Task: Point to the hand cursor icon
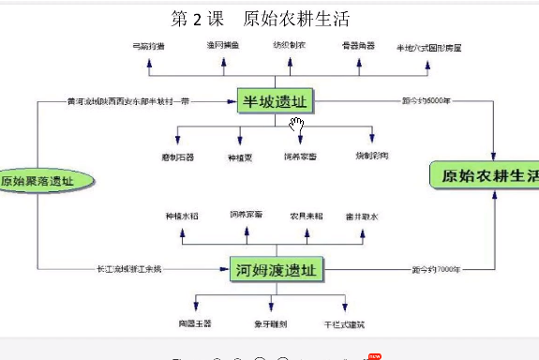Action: tap(297, 125)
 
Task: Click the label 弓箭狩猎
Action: tap(149, 45)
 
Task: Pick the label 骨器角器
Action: tap(359, 45)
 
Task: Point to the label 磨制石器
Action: tap(178, 157)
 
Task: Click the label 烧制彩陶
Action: tap(371, 155)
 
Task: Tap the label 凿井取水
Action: tap(360, 216)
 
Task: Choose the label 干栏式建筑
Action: tap(343, 323)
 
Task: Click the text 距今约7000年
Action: tap(436, 270)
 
